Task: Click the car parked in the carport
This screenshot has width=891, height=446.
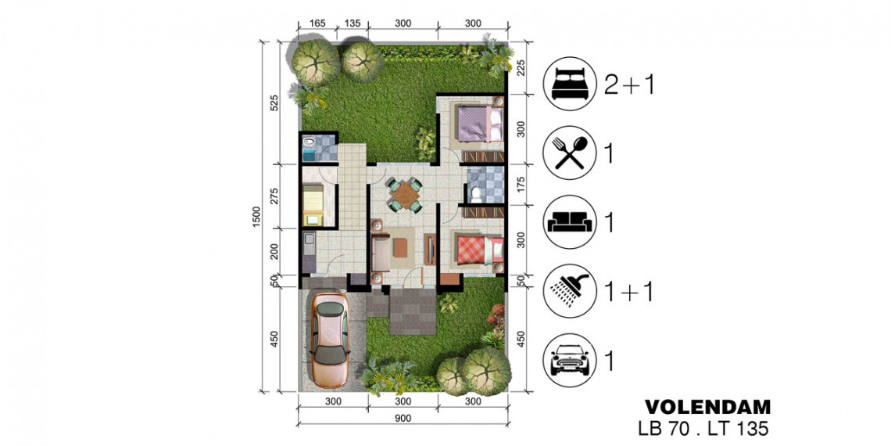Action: point(330,340)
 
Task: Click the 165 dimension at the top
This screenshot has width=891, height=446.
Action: point(317,23)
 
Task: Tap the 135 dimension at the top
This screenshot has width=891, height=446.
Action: point(352,23)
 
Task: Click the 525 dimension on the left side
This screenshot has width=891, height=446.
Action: point(274,103)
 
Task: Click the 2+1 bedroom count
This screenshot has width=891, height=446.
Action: point(630,85)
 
